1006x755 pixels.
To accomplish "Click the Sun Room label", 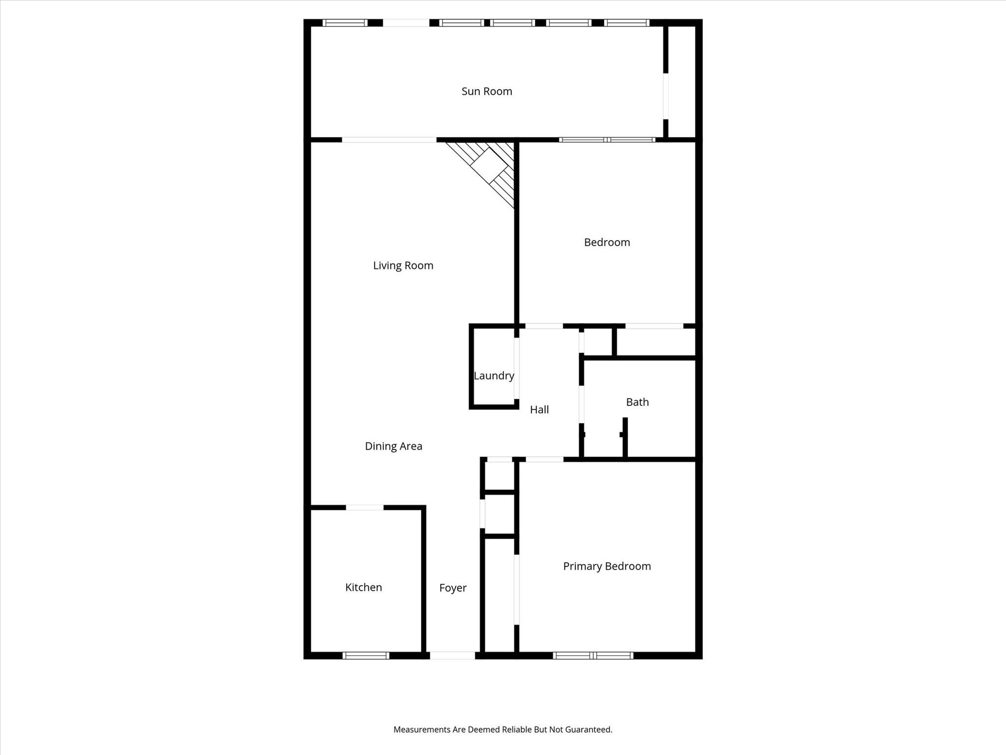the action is (487, 91).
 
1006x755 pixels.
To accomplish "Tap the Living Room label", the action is (403, 266).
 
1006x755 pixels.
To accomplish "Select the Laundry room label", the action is (494, 376).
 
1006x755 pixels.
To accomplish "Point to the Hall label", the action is (539, 409).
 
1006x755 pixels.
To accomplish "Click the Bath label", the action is (638, 402).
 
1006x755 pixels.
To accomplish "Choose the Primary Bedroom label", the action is (607, 566).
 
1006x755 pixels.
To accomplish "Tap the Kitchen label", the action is (363, 587).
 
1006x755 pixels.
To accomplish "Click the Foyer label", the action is (453, 588).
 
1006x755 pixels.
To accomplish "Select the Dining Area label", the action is (393, 446).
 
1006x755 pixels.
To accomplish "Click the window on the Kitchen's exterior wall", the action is (366, 655).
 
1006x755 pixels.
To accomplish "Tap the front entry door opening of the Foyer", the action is (452, 655).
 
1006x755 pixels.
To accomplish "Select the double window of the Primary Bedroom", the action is (593, 655).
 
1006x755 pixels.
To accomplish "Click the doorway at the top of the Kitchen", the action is (365, 507).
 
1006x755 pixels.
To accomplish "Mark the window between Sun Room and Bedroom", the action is (607, 140).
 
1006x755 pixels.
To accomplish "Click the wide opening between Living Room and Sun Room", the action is (389, 140).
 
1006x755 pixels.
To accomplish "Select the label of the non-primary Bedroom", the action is (607, 242).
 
